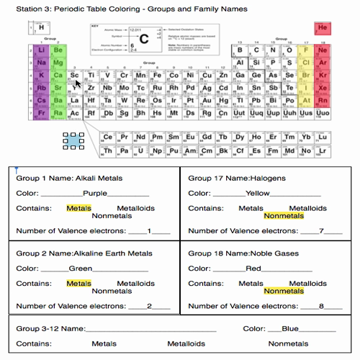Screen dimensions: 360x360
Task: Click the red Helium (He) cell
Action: pyautogui.click(x=322, y=29)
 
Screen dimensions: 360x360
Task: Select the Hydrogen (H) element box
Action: pyautogui.click(x=32, y=28)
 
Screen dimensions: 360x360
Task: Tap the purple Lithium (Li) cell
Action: pyautogui.click(x=40, y=50)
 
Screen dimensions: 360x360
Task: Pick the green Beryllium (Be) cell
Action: pyautogui.click(x=58, y=50)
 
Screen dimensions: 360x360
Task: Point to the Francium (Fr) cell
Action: pyautogui.click(x=40, y=113)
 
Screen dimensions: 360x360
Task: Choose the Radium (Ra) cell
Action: pyautogui.click(x=58, y=113)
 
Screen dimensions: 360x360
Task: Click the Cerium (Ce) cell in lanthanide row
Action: pyautogui.click(x=108, y=137)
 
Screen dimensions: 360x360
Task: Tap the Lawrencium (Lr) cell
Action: pyautogui.click(x=323, y=150)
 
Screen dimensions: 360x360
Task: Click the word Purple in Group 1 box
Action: pyautogui.click(x=95, y=193)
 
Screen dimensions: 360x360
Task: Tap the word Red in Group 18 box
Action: pyautogui.click(x=253, y=269)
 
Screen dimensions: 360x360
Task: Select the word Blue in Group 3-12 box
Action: pyautogui.click(x=290, y=328)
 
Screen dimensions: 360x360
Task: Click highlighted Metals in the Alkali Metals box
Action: pyautogui.click(x=78, y=208)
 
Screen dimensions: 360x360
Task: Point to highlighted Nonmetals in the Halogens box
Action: pyautogui.click(x=284, y=215)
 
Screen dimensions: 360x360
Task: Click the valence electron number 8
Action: pyautogui.click(x=322, y=306)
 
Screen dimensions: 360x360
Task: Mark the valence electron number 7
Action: pyautogui.click(x=322, y=230)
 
